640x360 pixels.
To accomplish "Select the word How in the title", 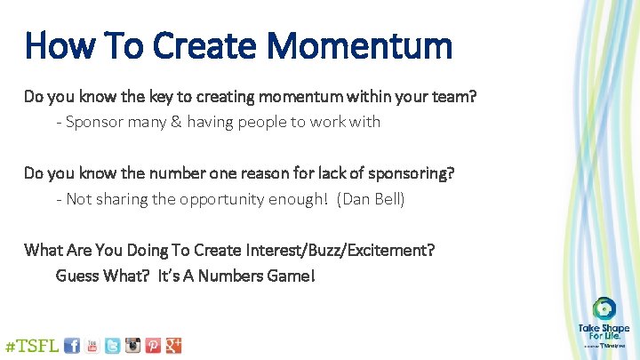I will [54, 45].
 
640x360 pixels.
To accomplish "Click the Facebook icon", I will [72, 345].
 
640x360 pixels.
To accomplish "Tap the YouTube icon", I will [92, 346].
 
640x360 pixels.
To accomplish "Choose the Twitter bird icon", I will [112, 346].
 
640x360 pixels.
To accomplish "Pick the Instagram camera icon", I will [132, 346].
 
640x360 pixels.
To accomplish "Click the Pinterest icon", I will [153, 346].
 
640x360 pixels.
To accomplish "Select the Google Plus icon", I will [173, 346].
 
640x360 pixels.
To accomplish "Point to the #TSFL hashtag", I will [32, 346].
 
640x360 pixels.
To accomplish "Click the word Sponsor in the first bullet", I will [93, 122].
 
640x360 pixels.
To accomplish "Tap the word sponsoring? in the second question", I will [411, 173].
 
